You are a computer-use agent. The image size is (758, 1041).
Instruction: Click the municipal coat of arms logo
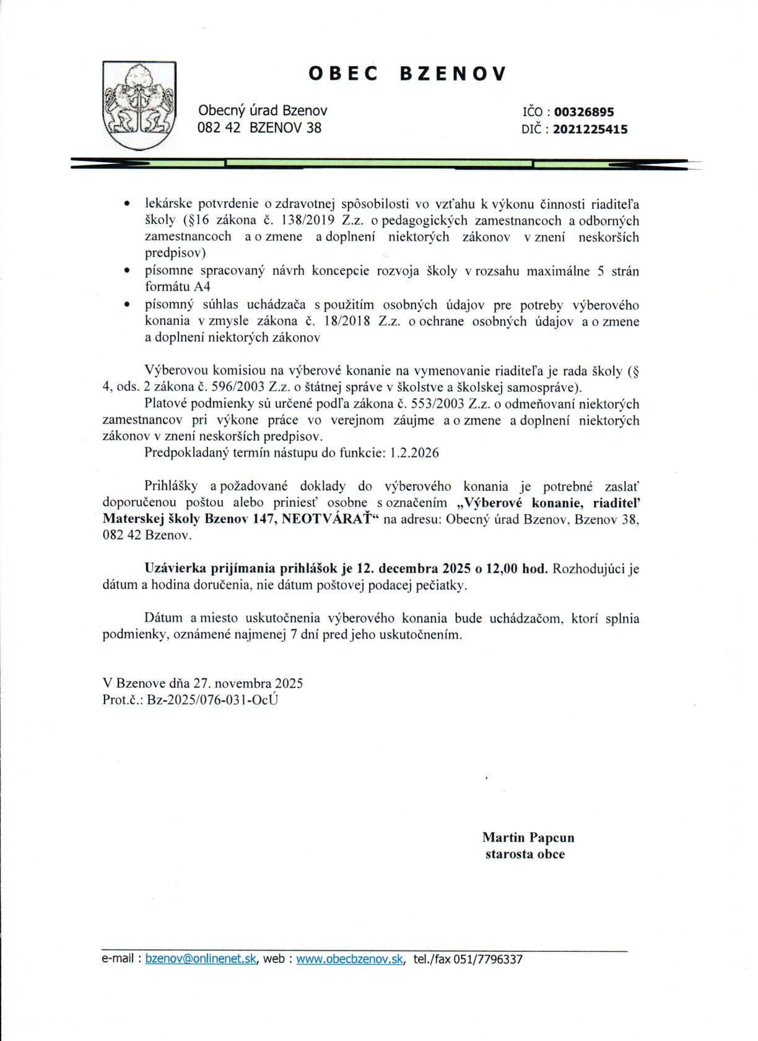(139, 105)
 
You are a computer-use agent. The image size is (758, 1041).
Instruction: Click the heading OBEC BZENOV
(407, 74)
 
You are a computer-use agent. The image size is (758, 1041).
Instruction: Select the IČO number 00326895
(584, 112)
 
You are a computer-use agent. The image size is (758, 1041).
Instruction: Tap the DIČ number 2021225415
(590, 129)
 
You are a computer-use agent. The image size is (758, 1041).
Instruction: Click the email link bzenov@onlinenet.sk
(201, 959)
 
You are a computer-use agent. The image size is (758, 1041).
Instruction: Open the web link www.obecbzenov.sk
(349, 959)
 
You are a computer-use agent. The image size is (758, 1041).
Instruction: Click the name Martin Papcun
(528, 837)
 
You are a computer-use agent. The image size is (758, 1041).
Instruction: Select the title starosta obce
(525, 854)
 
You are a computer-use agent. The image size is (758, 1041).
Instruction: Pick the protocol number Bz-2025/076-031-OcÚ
(212, 700)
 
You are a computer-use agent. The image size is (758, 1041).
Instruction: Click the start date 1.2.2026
(414, 452)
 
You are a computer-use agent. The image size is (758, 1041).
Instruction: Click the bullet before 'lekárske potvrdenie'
(127, 204)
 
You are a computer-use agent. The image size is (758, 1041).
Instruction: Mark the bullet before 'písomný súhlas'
(127, 305)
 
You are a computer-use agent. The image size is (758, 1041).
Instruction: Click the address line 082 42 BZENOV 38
(259, 128)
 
